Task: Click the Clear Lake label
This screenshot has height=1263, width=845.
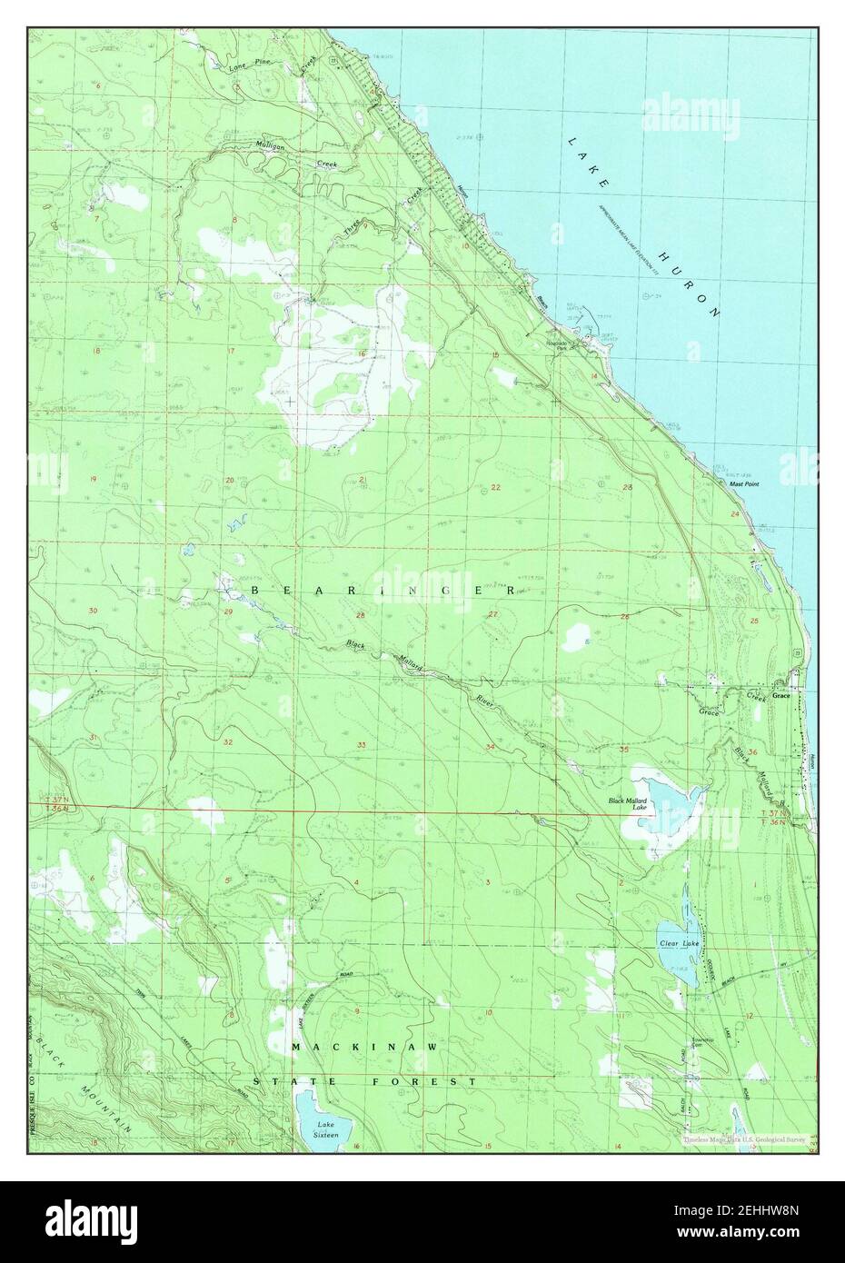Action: (x=679, y=944)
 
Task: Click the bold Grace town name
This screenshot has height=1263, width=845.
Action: (x=780, y=696)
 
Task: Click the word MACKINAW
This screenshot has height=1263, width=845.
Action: (x=364, y=1048)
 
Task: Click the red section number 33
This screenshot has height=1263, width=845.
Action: (x=362, y=745)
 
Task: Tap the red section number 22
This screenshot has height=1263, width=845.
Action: (x=495, y=488)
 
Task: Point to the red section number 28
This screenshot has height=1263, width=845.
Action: (x=360, y=616)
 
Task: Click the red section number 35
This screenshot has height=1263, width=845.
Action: (x=624, y=750)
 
